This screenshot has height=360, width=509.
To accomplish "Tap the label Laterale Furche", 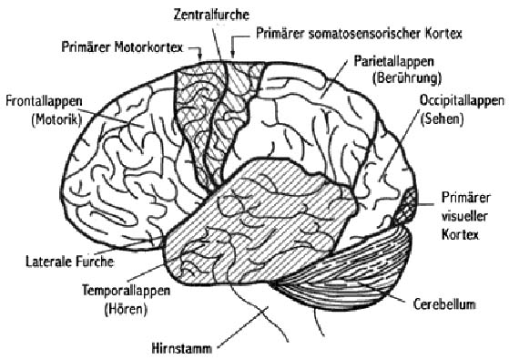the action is (x=68, y=262).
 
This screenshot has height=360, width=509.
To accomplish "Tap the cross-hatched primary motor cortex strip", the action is (x=192, y=109).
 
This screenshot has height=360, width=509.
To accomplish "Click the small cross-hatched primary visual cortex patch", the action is (x=412, y=203).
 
